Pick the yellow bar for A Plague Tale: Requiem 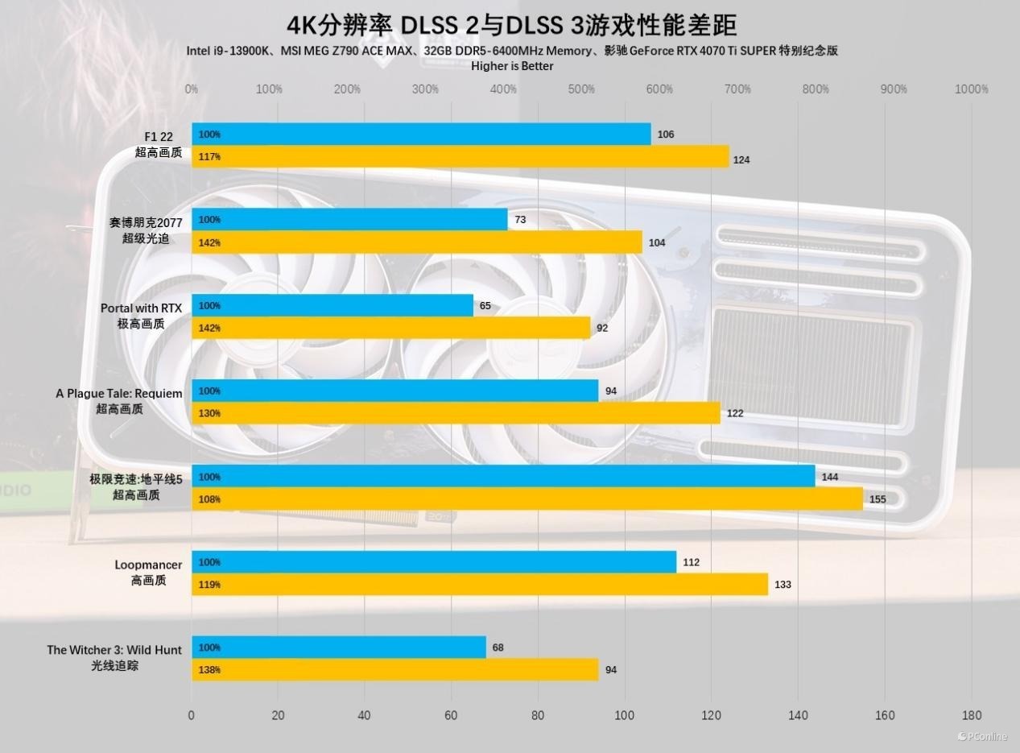point(456,413)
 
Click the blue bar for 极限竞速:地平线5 point(503,477)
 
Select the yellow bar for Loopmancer point(480,585)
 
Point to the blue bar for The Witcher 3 point(339,647)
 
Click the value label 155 point(878,499)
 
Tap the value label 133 point(783,585)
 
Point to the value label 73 point(520,220)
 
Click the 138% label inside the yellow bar point(209,670)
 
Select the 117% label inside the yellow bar point(209,157)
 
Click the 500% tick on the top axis point(581,89)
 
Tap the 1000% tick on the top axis point(971,89)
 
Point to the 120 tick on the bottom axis point(711,715)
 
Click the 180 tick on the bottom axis point(971,715)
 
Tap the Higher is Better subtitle point(512,66)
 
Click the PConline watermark point(984,737)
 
